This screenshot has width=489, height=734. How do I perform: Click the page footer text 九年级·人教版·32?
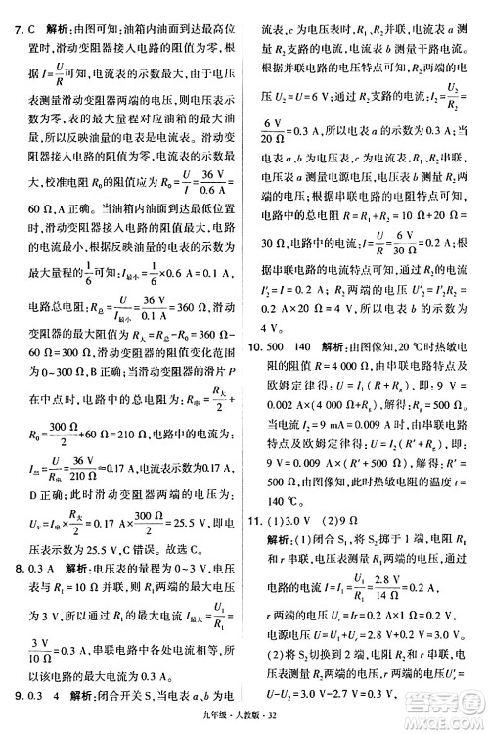[244, 722]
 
